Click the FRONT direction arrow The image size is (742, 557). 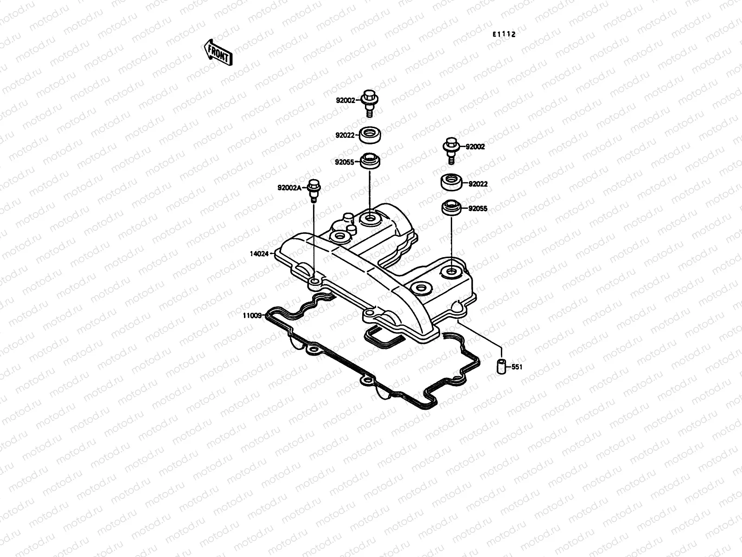point(217,52)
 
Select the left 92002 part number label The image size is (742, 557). point(345,100)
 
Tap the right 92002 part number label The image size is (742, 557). point(475,147)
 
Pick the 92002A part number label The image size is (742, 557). point(289,188)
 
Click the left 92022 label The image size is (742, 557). point(345,136)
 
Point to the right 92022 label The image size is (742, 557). point(478,184)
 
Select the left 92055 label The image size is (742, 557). point(345,162)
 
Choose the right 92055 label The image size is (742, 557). point(478,209)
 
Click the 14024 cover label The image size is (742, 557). point(259,254)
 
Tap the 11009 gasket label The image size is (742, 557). point(251,315)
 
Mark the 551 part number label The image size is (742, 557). point(517,367)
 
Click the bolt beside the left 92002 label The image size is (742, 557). point(369,102)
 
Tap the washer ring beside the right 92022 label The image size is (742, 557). point(451,182)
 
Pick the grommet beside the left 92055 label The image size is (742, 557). point(370,162)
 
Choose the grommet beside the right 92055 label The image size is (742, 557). point(451,207)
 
